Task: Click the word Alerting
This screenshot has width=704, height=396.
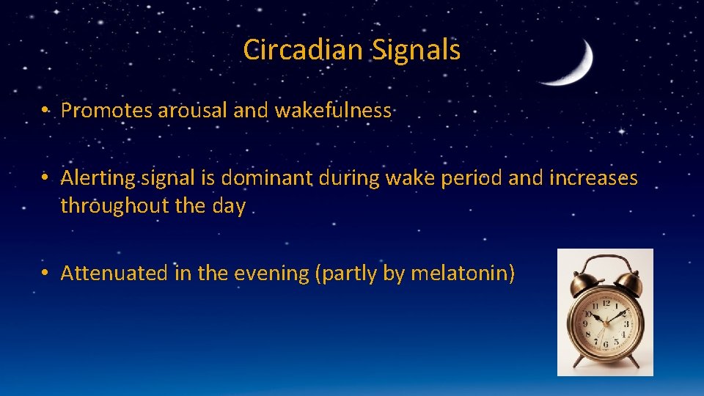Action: pyautogui.click(x=98, y=178)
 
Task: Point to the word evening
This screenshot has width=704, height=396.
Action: pyautogui.click(x=268, y=274)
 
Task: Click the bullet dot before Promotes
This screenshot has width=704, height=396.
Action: pyautogui.click(x=45, y=111)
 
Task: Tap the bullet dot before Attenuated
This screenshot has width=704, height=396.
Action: pyautogui.click(x=45, y=274)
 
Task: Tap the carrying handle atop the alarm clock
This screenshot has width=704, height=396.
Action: pyautogui.click(x=605, y=261)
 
